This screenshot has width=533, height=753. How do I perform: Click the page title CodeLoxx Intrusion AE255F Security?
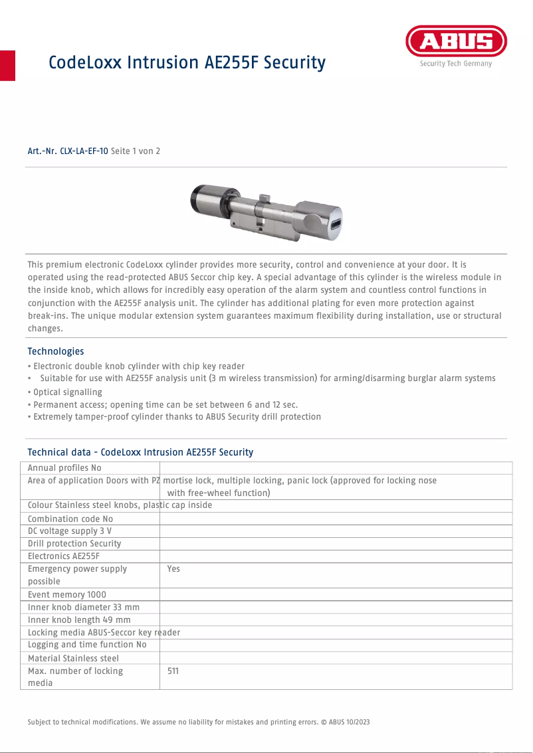coord(187,63)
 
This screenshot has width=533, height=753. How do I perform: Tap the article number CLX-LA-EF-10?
coord(68,151)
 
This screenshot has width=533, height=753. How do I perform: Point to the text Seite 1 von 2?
coord(136,151)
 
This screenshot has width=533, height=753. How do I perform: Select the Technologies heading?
coord(56,351)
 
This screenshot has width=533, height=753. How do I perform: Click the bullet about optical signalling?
coord(65,392)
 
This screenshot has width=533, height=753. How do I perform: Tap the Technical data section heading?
coord(140,452)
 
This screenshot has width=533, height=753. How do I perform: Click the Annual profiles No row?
coord(64,468)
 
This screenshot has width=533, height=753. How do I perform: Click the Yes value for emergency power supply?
coord(173,569)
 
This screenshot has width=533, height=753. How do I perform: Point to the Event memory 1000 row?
coord(67,595)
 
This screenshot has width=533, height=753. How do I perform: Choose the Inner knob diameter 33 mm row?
coord(84,607)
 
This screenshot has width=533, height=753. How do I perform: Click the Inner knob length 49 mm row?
coord(79,620)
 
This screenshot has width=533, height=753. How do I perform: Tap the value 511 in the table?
coord(173,671)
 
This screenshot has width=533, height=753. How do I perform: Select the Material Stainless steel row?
coord(74,658)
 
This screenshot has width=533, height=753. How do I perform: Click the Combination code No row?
coord(70,519)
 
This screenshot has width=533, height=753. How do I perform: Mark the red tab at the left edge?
coord(7,65)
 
